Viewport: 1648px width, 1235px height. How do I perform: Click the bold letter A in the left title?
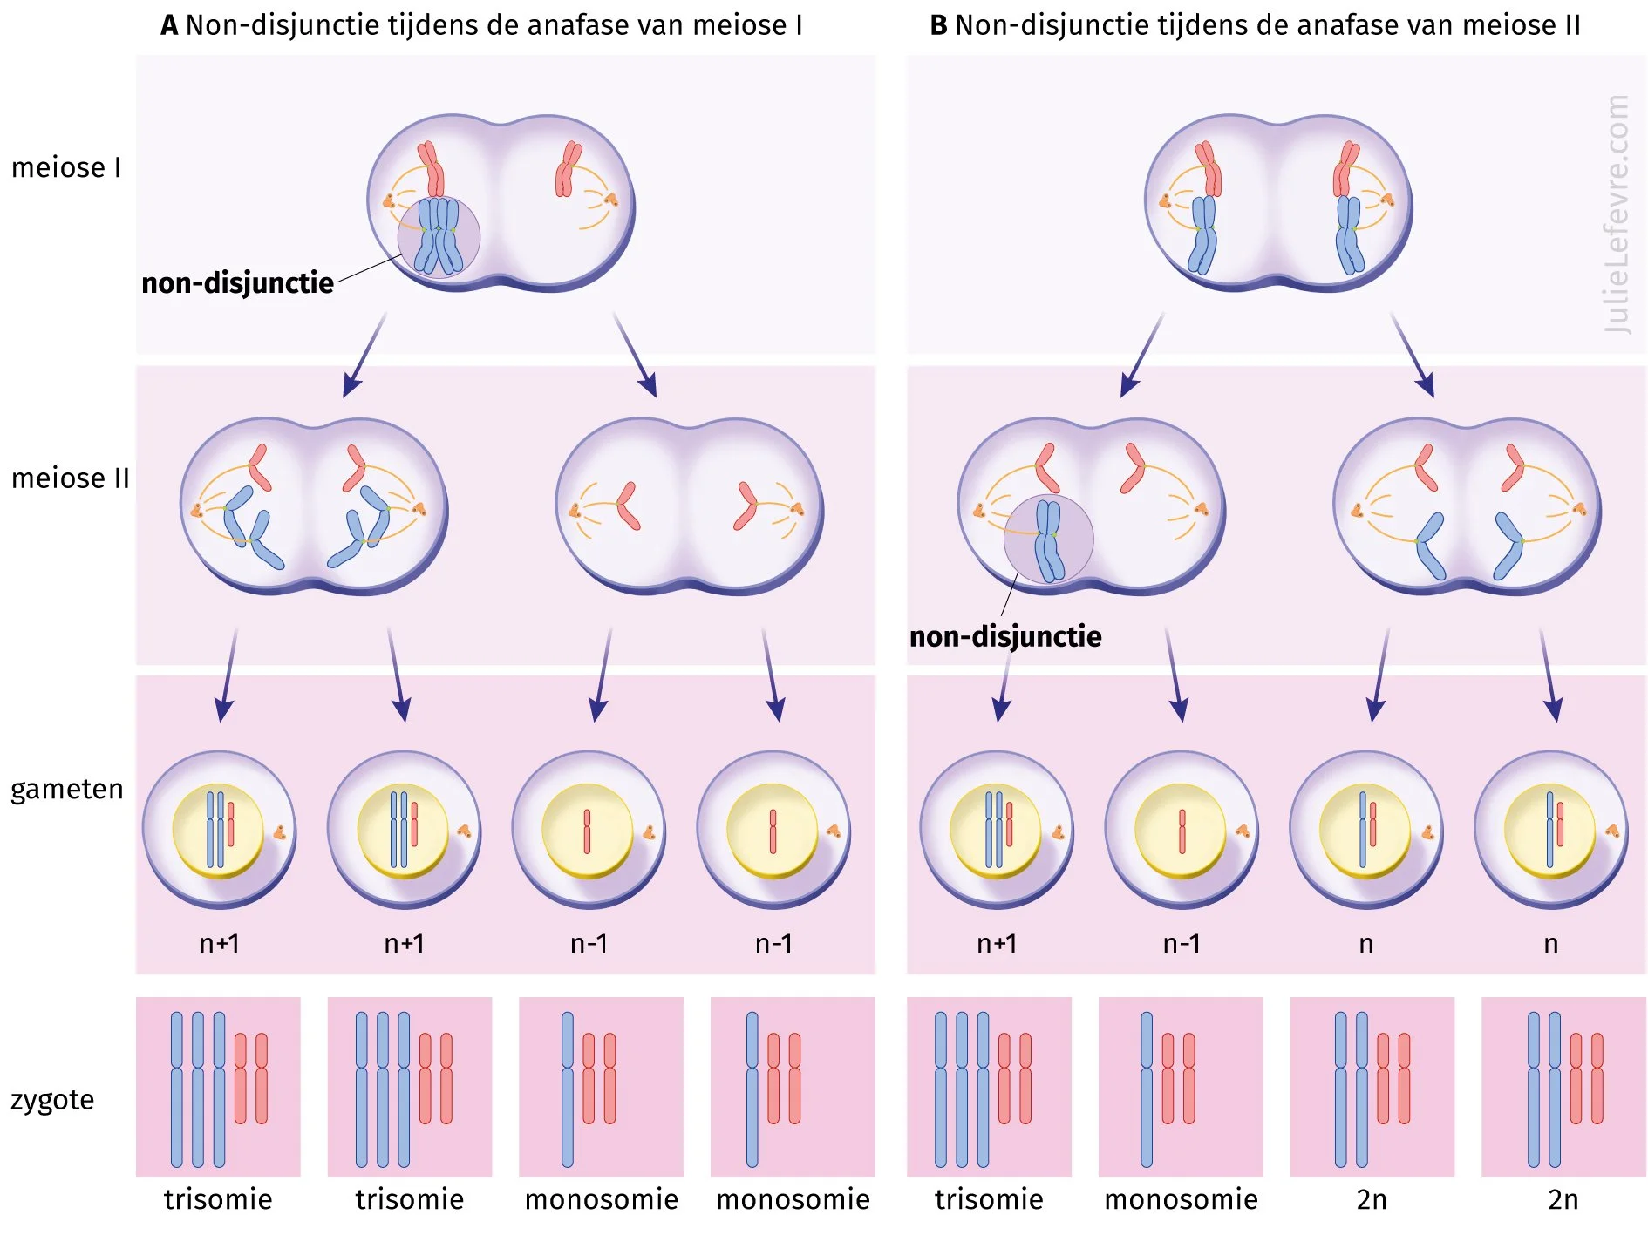(169, 26)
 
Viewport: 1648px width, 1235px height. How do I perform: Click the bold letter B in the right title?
(938, 26)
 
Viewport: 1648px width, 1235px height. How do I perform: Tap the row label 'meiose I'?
(66, 167)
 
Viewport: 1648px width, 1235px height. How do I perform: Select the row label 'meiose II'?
(70, 478)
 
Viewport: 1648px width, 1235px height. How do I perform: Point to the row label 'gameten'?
(67, 789)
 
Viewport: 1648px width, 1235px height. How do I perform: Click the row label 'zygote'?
(52, 1099)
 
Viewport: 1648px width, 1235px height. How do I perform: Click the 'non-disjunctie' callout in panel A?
(237, 283)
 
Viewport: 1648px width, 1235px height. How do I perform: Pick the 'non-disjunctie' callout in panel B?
(1005, 637)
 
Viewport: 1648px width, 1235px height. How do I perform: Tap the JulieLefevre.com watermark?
(1617, 214)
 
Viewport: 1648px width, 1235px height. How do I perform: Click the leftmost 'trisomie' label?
(218, 1200)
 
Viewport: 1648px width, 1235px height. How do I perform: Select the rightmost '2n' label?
(1563, 1200)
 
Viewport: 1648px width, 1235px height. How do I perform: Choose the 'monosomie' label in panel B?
(1181, 1200)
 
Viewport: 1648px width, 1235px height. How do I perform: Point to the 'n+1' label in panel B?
(997, 944)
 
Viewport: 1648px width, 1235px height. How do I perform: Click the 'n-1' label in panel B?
(1182, 944)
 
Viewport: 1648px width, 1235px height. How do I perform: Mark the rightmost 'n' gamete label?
(1550, 944)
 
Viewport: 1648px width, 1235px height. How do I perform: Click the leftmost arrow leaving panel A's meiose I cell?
(364, 356)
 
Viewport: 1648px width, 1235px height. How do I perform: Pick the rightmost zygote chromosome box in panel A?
(793, 1087)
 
